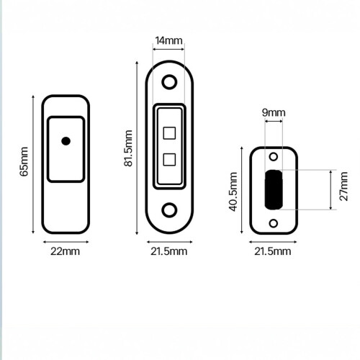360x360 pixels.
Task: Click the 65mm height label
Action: click(x=24, y=161)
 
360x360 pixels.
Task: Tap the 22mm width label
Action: click(x=65, y=251)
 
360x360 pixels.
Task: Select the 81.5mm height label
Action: click(x=128, y=148)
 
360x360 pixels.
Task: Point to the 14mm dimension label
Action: click(x=168, y=40)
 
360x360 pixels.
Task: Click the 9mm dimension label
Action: click(x=274, y=112)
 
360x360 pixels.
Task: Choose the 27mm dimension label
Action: click(x=343, y=186)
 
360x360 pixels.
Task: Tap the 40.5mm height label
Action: click(x=233, y=192)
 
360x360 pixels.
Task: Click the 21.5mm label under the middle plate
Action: click(x=169, y=251)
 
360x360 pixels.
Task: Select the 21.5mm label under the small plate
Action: click(x=273, y=251)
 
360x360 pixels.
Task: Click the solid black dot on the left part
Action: click(x=66, y=141)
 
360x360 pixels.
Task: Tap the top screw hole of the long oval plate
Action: click(x=169, y=82)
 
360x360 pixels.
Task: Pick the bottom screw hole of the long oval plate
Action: click(x=169, y=210)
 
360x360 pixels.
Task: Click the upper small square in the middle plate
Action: click(x=169, y=133)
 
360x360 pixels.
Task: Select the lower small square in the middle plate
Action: click(x=169, y=159)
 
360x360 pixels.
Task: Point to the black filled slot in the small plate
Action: click(x=274, y=189)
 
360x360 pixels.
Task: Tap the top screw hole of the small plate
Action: click(x=274, y=157)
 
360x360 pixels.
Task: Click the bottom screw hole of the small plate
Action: click(x=274, y=223)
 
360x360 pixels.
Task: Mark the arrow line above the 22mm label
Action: click(x=66, y=242)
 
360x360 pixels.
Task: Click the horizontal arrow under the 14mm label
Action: click(x=168, y=49)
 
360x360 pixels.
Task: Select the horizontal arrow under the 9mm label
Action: click(x=274, y=121)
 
